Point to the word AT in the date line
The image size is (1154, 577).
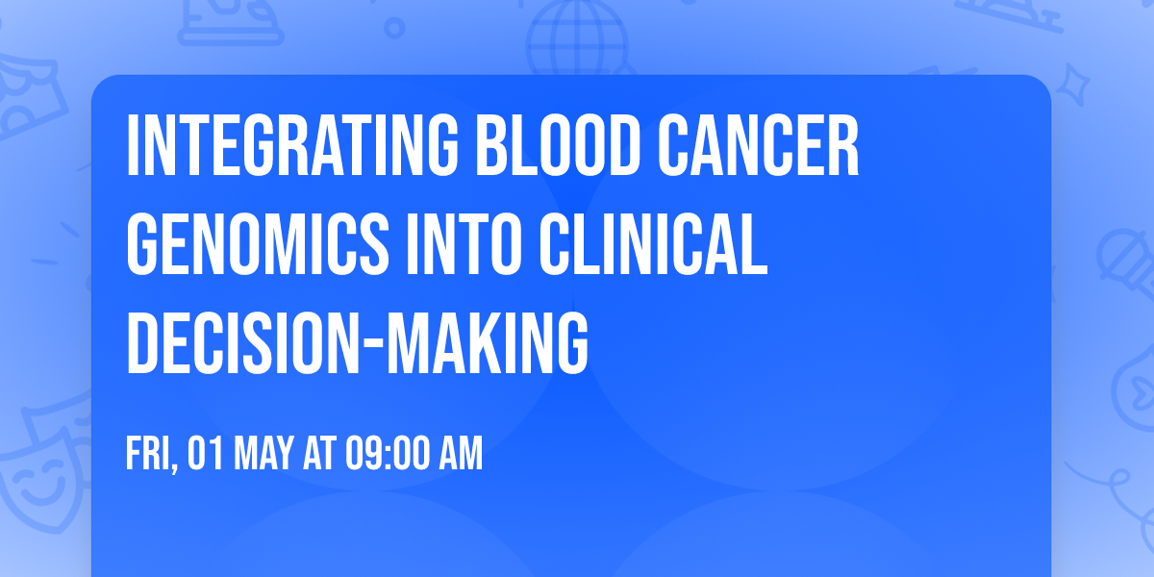(318, 454)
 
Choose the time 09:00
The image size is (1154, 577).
(386, 454)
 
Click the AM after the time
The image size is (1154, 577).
(459, 454)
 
